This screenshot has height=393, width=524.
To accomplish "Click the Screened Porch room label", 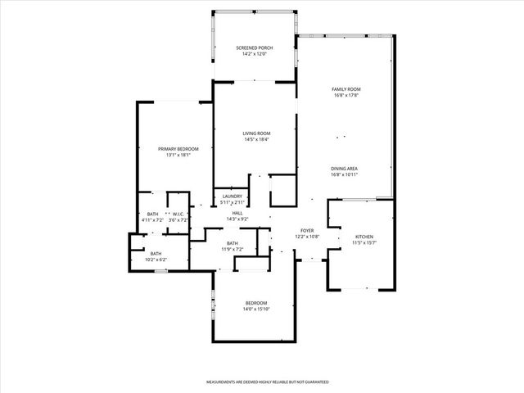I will point(255,48).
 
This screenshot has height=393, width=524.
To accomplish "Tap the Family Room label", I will point(346,88).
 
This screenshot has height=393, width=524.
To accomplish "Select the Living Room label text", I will point(256,133).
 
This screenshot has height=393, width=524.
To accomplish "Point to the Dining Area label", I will point(344,169).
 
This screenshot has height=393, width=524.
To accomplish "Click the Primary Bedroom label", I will point(178,148).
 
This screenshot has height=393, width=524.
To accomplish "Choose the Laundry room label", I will point(232,196).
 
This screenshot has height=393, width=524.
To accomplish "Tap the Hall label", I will point(237,213).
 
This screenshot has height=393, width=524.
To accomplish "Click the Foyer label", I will point(307,231).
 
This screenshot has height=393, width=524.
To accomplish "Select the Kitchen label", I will point(364,237).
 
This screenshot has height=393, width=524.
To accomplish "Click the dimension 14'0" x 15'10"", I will point(255,309).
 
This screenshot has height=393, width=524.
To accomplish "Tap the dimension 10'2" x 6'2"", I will point(156,260).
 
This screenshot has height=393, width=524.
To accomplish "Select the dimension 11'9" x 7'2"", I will point(233,249).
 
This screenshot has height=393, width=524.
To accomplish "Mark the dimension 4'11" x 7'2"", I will point(153,219).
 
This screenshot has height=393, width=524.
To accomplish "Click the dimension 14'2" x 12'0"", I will point(255,54).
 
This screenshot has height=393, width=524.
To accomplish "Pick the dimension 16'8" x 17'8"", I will point(346,94).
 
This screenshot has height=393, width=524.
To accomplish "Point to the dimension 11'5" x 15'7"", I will point(364,242).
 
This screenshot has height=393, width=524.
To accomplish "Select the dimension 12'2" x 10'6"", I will point(307,237).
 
